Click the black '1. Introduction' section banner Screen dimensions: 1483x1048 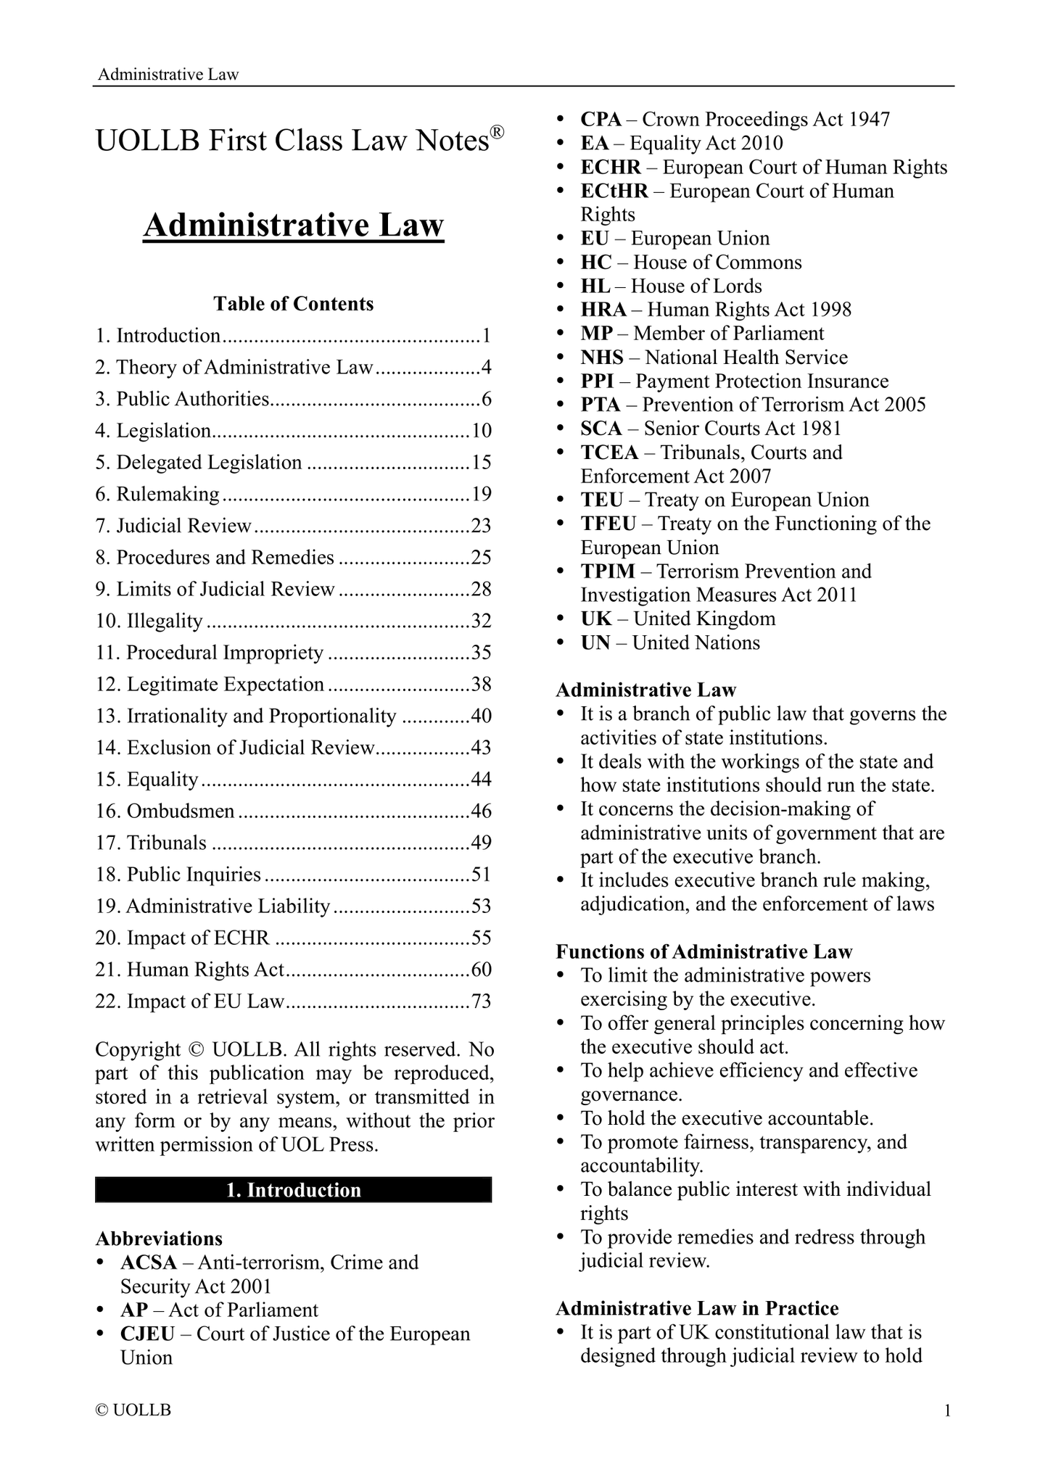tap(293, 1190)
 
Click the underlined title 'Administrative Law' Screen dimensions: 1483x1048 tap(293, 225)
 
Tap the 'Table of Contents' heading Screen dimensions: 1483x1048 tap(293, 304)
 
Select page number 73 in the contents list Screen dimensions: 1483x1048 tap(482, 1001)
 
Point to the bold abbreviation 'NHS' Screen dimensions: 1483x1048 tap(602, 358)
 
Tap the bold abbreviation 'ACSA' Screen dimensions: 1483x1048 tap(149, 1263)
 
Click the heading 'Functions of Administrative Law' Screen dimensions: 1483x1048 tap(704, 951)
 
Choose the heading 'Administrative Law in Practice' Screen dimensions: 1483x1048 tap(697, 1308)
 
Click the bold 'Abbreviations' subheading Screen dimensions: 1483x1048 tap(159, 1239)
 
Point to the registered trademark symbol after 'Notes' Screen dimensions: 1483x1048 tap(496, 132)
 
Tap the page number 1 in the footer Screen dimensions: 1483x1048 tap(946, 1410)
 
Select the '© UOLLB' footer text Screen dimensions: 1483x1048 tap(133, 1410)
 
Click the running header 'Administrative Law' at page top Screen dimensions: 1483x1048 tap(168, 74)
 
